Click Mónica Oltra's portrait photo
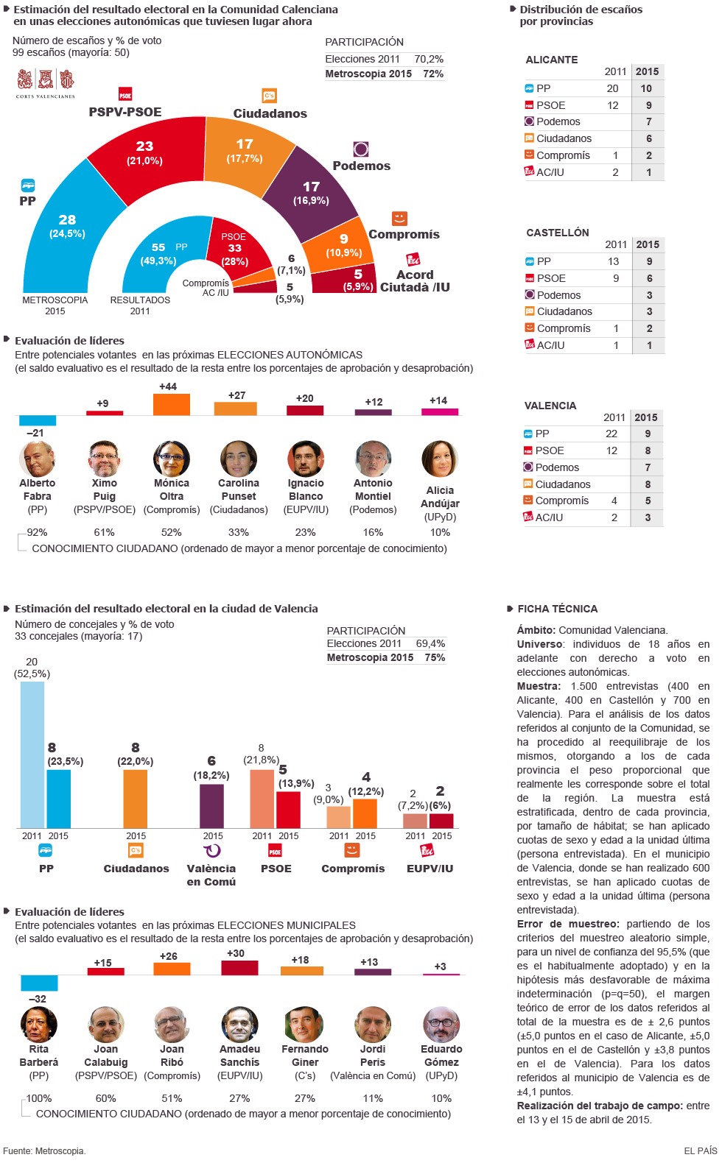[172, 459]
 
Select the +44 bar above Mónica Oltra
[171, 404]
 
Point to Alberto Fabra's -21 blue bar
[37, 420]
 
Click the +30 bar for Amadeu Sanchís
[239, 967]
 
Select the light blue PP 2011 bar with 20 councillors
[32, 754]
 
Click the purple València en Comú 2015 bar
[211, 806]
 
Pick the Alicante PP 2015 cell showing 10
[646, 88]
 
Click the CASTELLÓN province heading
[557, 233]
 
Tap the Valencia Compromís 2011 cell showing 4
[614, 501]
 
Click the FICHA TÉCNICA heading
[557, 609]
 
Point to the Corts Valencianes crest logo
[46, 83]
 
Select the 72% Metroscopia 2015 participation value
[432, 74]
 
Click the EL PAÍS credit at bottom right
[700, 1150]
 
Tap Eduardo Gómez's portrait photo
[441, 1025]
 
